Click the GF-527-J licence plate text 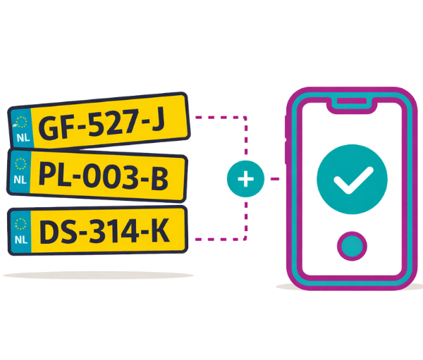[x=102, y=123]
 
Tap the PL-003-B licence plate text [x=104, y=176]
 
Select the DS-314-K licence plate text [x=104, y=230]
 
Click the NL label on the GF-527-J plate [x=23, y=138]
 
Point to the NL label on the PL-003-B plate [x=20, y=180]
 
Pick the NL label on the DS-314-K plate [x=21, y=240]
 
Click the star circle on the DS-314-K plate [x=20, y=224]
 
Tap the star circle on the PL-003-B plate [x=20, y=164]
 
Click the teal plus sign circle [x=245, y=179]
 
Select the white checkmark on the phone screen [x=353, y=180]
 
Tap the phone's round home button [x=352, y=246]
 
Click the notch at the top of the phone [x=352, y=104]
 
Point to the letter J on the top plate [x=158, y=118]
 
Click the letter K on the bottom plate [x=160, y=230]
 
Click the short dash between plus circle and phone [x=275, y=179]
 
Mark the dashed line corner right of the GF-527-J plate [x=245, y=118]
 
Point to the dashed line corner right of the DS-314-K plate [x=245, y=239]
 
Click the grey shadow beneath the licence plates [x=98, y=275]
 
